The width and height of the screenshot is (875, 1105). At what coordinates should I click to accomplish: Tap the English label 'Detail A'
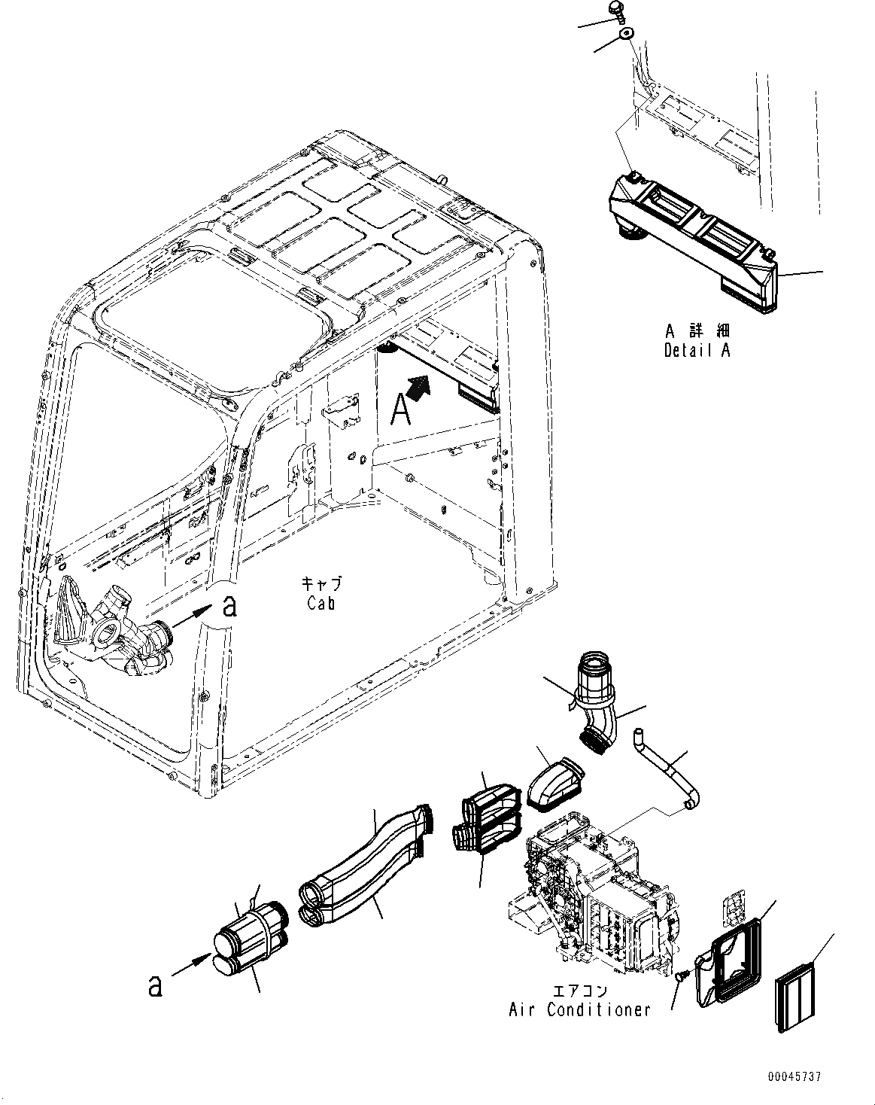point(697,350)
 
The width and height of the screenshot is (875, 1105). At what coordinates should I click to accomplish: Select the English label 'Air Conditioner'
point(579,1010)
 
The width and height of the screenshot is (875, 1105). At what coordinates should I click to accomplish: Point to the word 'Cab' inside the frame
point(321,603)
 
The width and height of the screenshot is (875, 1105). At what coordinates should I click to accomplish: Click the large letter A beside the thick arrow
point(401,411)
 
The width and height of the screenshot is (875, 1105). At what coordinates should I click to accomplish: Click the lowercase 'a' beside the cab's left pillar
point(229,606)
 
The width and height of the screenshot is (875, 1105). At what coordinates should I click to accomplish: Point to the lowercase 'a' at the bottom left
point(154,985)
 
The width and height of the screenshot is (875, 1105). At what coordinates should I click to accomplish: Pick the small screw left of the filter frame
point(682,976)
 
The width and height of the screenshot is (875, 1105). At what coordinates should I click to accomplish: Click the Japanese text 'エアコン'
point(579,991)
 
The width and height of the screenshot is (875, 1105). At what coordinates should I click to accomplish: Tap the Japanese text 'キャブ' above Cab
point(321,584)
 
